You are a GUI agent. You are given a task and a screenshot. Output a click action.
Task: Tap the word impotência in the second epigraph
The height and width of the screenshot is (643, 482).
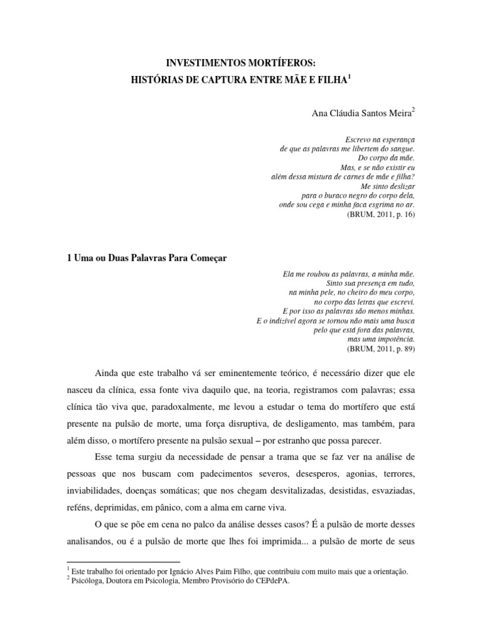[396, 338]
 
